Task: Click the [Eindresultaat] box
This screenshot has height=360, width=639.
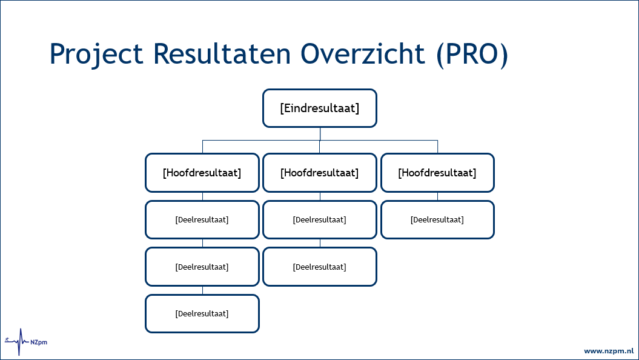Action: (x=320, y=108)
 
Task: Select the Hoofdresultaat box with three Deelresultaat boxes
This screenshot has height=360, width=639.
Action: (x=202, y=173)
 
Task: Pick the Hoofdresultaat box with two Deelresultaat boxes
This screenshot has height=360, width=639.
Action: (x=320, y=173)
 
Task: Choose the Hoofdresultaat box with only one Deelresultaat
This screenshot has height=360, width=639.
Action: (x=437, y=173)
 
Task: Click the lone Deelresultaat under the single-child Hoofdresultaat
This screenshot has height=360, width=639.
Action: (x=437, y=219)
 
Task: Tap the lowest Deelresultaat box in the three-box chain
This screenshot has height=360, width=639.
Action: (x=202, y=313)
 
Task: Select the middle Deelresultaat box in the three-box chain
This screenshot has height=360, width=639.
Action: (x=202, y=267)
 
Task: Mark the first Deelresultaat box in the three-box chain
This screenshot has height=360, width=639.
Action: (x=202, y=219)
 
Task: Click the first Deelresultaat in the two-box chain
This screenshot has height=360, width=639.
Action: (x=320, y=219)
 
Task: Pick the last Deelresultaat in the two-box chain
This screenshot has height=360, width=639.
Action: (x=320, y=267)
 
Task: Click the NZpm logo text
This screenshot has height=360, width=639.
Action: (x=39, y=342)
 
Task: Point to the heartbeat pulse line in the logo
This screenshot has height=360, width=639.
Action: (x=21, y=342)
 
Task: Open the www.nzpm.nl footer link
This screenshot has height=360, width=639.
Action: (x=608, y=351)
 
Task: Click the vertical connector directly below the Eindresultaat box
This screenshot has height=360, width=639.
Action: (x=320, y=134)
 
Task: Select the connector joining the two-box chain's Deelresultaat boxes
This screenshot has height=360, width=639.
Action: (x=320, y=243)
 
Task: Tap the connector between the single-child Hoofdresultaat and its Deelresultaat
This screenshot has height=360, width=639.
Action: (x=437, y=196)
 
